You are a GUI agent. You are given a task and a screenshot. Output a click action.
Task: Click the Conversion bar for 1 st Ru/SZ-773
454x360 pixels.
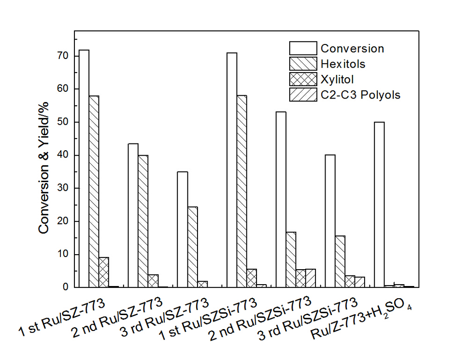point(84,168)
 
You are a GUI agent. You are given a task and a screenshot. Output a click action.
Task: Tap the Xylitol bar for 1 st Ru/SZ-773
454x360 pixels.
point(104,272)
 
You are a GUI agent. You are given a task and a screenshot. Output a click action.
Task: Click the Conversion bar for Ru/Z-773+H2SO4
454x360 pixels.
point(379,205)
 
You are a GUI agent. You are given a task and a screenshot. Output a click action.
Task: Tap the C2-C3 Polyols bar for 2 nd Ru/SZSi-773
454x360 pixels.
point(311,278)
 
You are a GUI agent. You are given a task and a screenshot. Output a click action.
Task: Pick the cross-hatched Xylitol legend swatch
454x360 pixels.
point(303,79)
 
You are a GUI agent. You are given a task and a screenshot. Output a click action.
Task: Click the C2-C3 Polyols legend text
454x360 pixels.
point(360,95)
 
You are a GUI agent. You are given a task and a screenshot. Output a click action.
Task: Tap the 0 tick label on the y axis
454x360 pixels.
point(65,287)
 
